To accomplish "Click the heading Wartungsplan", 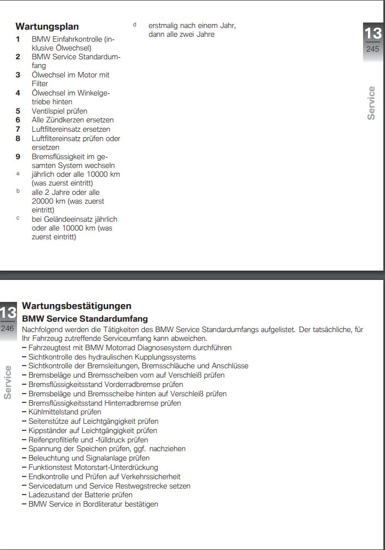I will pyautogui.click(x=47, y=26).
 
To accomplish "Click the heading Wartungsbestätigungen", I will pyautogui.click(x=76, y=306).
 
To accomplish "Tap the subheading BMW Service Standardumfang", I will pyautogui.click(x=85, y=319).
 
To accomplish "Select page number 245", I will pyautogui.click(x=372, y=49).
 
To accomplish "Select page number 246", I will pyautogui.click(x=7, y=328).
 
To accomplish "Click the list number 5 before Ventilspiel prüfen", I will pyautogui.click(x=18, y=111).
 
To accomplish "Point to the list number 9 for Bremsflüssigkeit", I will pyautogui.click(x=18, y=156).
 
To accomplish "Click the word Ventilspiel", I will pyautogui.click(x=47, y=111).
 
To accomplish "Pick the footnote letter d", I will pyautogui.click(x=134, y=25).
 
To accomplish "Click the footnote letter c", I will pyautogui.click(x=18, y=218).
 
